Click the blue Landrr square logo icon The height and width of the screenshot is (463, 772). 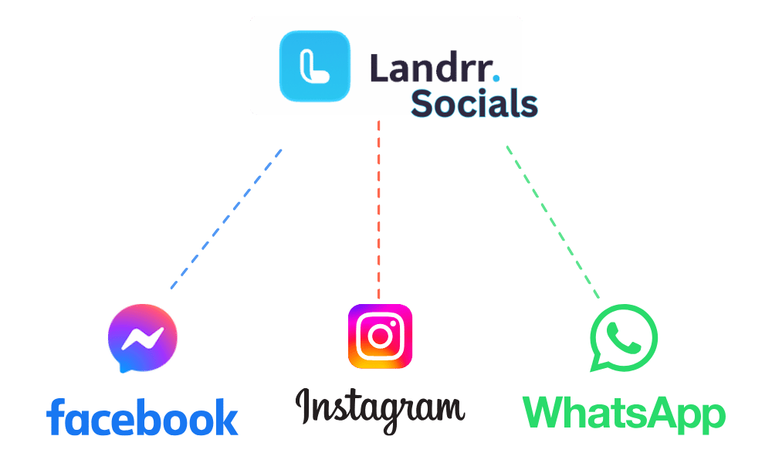click(x=314, y=66)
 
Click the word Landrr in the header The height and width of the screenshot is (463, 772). click(x=429, y=68)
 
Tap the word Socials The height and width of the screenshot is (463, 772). click(x=473, y=104)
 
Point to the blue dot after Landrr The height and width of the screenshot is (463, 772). click(x=496, y=77)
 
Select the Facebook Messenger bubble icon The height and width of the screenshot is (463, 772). click(x=143, y=338)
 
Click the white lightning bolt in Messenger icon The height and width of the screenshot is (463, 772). click(x=144, y=337)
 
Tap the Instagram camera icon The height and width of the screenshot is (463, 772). click(x=380, y=336)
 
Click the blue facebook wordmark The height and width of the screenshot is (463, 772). click(x=142, y=417)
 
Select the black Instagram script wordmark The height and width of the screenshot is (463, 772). click(x=380, y=409)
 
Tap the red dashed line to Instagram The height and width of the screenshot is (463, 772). click(x=379, y=208)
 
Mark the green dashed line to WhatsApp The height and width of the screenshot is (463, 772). click(x=552, y=221)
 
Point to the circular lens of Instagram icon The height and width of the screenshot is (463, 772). click(x=380, y=336)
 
